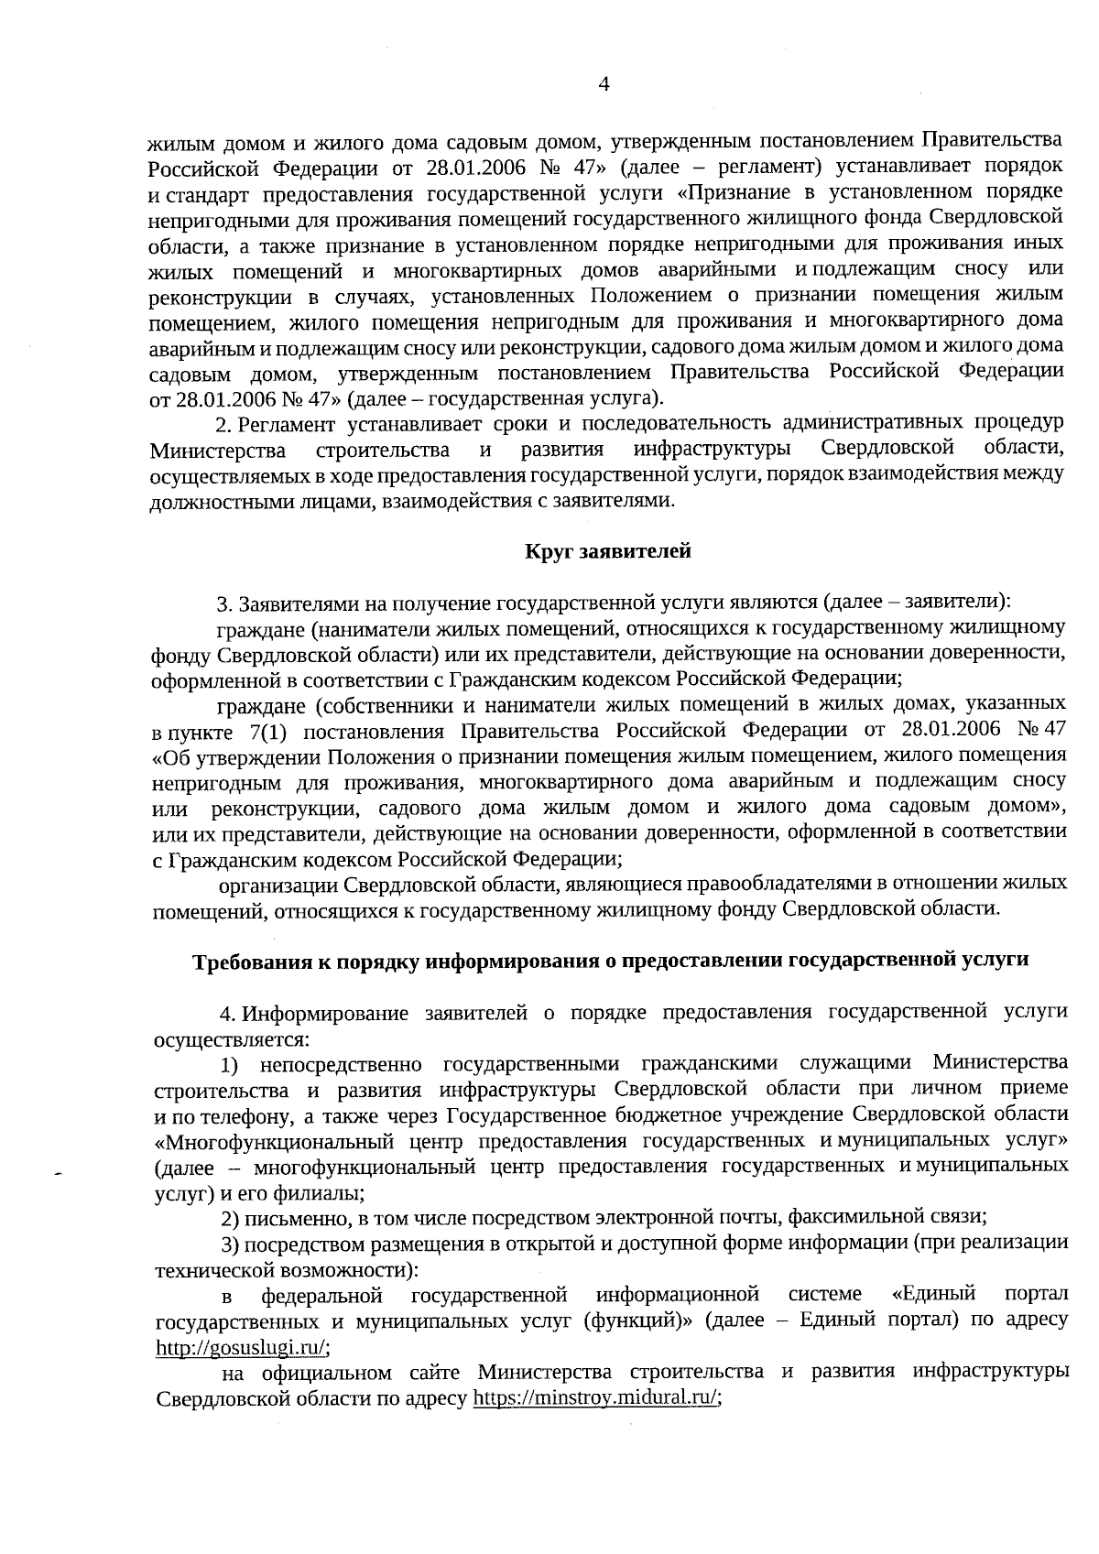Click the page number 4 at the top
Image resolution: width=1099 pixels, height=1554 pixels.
point(604,84)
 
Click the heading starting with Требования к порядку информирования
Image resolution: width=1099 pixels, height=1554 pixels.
point(610,960)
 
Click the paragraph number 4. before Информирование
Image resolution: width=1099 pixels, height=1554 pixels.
point(229,1013)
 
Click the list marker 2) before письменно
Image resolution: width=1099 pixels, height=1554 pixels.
point(231,1219)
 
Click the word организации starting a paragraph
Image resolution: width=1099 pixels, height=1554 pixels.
point(278,884)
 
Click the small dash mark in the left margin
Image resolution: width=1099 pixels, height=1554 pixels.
point(58,1173)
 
